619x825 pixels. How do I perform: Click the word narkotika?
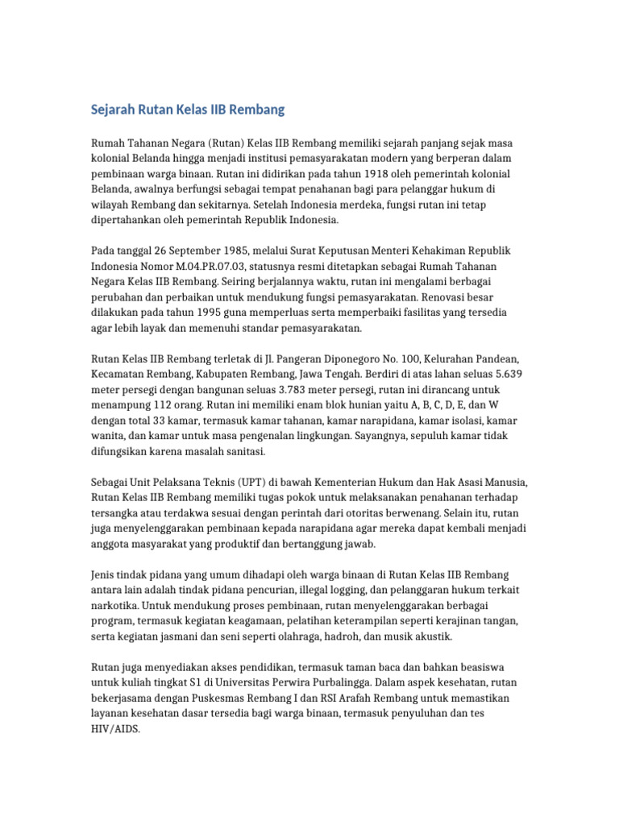click(115, 605)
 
